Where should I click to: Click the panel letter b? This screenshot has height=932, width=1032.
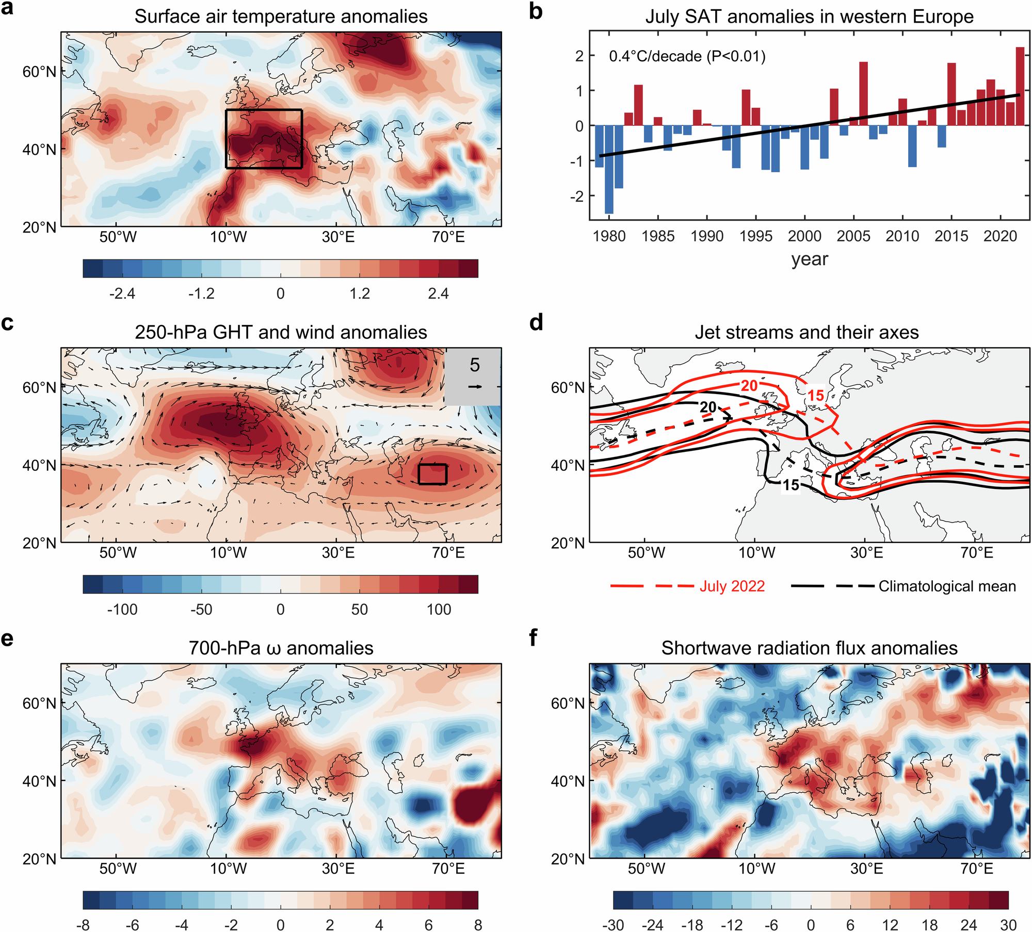(x=536, y=11)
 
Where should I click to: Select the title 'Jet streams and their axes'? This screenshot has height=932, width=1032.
(x=807, y=332)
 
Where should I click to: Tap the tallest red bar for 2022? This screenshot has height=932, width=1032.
(x=1020, y=86)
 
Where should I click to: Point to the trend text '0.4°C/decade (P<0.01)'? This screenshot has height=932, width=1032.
(x=687, y=56)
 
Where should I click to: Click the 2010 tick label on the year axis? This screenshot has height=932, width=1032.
(x=902, y=236)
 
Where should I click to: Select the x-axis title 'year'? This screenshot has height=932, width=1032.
(x=810, y=259)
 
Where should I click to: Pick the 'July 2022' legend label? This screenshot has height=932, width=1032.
(x=732, y=586)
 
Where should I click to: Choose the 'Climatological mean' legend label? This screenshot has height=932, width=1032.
(x=947, y=586)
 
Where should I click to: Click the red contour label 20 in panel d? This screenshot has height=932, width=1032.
(x=749, y=385)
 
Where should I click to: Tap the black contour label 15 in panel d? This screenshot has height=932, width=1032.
(x=791, y=485)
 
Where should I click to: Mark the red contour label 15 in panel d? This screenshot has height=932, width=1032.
(x=815, y=396)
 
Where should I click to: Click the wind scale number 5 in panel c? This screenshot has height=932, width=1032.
(x=475, y=365)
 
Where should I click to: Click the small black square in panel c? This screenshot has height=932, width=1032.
(x=432, y=474)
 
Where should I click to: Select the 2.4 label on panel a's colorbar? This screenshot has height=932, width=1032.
(x=438, y=294)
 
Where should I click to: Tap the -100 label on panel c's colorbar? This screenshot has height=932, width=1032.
(x=122, y=610)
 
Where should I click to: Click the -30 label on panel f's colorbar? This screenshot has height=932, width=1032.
(x=613, y=925)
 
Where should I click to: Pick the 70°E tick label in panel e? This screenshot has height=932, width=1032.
(x=448, y=869)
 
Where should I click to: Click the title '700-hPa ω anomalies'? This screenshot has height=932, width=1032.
(x=281, y=648)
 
